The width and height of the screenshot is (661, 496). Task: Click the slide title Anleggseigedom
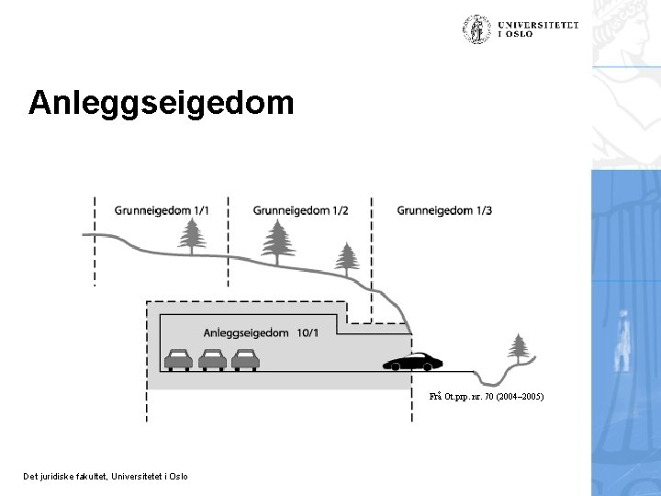162,102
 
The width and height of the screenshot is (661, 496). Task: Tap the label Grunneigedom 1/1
162,209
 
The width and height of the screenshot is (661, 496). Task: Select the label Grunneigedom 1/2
300,209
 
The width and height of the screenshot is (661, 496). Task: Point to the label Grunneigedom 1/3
444,209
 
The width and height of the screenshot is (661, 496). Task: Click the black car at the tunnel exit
413,361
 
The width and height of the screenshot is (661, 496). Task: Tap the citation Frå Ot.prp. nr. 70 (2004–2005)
487,397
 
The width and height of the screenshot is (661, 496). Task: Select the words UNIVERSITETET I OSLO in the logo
540,29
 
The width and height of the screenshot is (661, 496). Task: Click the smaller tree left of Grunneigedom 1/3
346,259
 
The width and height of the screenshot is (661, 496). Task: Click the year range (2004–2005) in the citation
520,397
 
